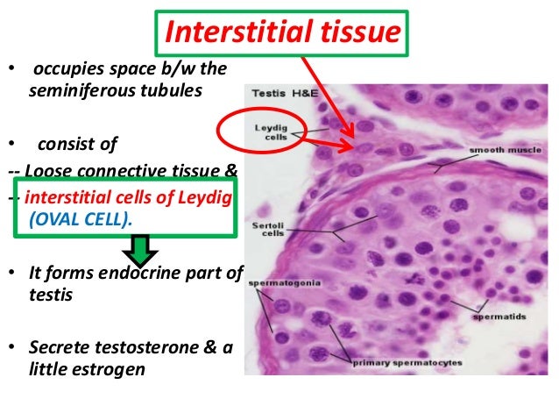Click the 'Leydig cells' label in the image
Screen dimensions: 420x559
(x=266, y=132)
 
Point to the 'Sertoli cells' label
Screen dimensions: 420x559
(x=265, y=228)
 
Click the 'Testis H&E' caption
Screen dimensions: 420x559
(x=281, y=93)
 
